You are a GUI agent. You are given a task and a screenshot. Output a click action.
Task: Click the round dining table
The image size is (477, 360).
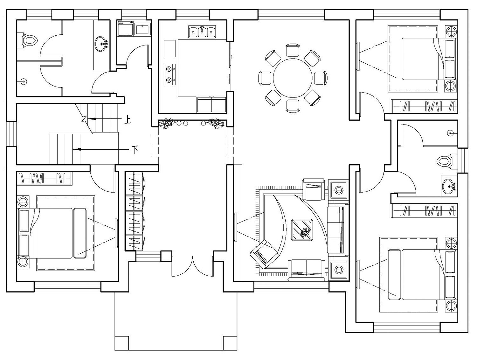click(x=293, y=78)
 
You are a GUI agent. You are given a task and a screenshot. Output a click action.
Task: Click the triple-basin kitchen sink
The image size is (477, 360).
click(x=202, y=32)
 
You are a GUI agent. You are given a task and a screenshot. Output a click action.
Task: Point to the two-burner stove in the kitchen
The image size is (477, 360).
click(x=170, y=74)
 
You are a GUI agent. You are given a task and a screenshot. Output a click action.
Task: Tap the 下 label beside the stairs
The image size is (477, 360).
click(x=135, y=150)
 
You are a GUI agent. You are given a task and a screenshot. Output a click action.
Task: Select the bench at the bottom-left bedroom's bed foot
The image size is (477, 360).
click(x=80, y=233)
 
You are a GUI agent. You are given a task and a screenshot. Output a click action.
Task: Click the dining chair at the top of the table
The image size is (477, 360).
click(x=293, y=50)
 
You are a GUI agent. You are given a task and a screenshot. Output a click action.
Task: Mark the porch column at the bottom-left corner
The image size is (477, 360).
click(x=122, y=343)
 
